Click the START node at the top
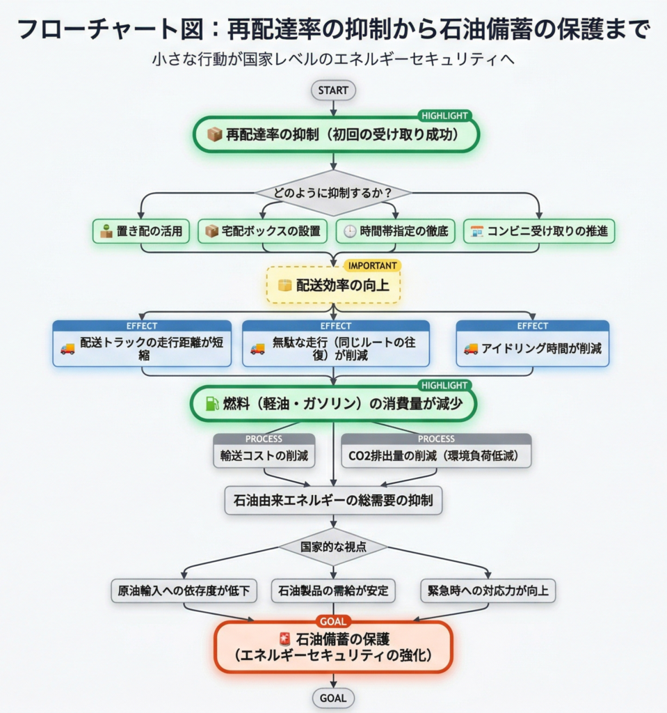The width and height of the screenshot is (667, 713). pos(333,90)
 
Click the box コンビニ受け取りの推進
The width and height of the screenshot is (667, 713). pos(539,231)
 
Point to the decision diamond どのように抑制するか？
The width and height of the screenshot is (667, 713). pos(333,192)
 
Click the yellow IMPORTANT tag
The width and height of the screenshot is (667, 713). pos(372,265)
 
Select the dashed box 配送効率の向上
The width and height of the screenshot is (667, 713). pos(333,285)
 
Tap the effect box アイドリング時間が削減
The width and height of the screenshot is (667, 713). pos(532,348)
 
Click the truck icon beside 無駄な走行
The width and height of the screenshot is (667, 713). pos(257,349)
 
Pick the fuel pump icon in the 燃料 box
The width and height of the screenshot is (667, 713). pos(211,404)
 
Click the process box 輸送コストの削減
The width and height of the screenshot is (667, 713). pos(264,457)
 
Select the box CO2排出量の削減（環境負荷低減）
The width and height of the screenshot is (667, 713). pos(435,457)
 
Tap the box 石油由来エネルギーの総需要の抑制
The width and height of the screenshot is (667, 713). pos(333,500)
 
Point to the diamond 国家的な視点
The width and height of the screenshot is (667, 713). pos(333,547)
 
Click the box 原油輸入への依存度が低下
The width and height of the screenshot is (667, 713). pos(184,591)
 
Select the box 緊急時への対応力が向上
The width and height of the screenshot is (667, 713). pos(488,591)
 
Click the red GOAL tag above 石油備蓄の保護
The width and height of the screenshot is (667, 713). pos(333,621)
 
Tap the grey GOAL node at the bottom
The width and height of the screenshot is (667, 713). pos(333,698)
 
